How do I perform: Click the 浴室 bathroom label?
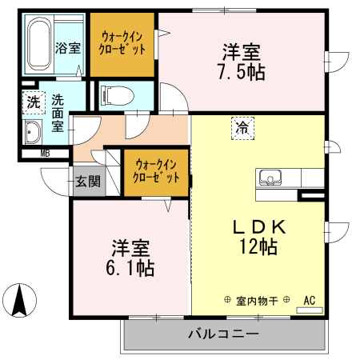tap(67, 46)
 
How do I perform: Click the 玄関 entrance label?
tap(88, 181)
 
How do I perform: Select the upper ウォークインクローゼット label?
tap(122, 42)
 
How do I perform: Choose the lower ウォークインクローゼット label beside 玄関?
tap(156, 170)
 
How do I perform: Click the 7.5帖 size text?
tap(240, 70)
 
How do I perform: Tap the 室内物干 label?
tap(257, 301)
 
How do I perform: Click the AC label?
tap(310, 301)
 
